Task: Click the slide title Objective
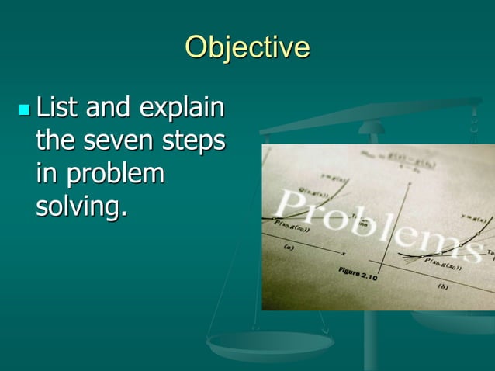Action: [x=247, y=48]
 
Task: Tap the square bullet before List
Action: [x=23, y=109]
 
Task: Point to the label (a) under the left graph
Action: [x=289, y=248]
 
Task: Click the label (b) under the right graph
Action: [x=442, y=286]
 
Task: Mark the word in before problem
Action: [x=47, y=174]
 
